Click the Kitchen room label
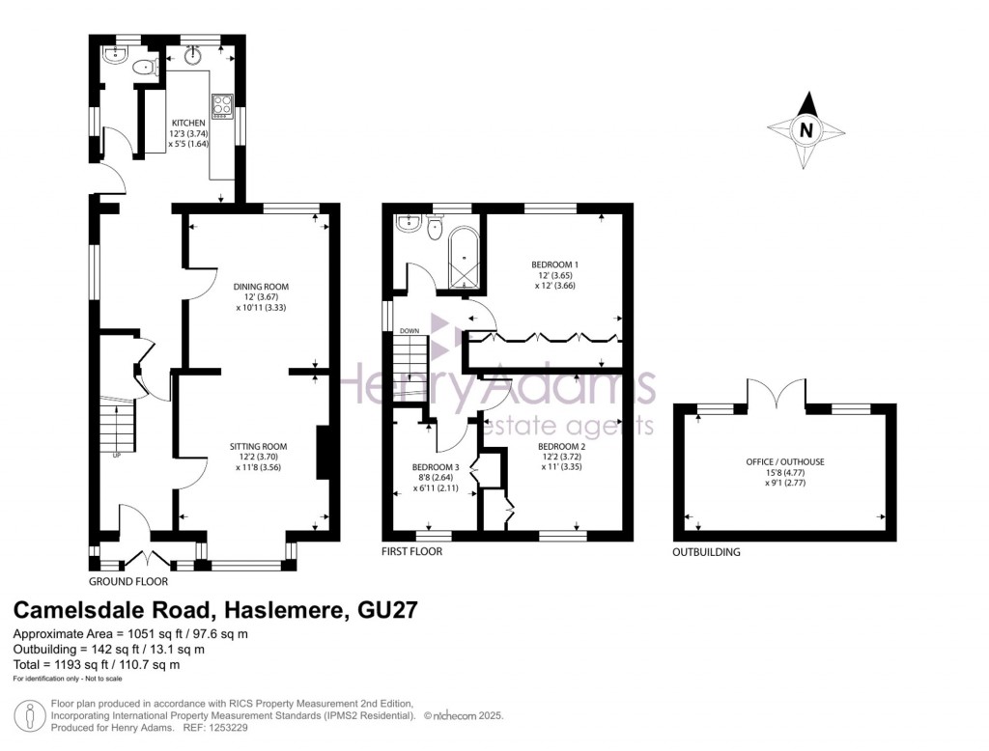(188, 123)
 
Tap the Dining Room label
(261, 287)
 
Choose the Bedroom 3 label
(436, 467)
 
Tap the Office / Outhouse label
(785, 462)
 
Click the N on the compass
(805, 130)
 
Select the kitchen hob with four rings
(222, 106)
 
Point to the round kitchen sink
(193, 56)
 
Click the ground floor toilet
(147, 66)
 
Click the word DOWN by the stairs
(410, 331)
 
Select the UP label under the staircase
(117, 456)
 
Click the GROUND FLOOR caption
(128, 582)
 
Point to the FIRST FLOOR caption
(411, 552)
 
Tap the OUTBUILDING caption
(706, 552)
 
